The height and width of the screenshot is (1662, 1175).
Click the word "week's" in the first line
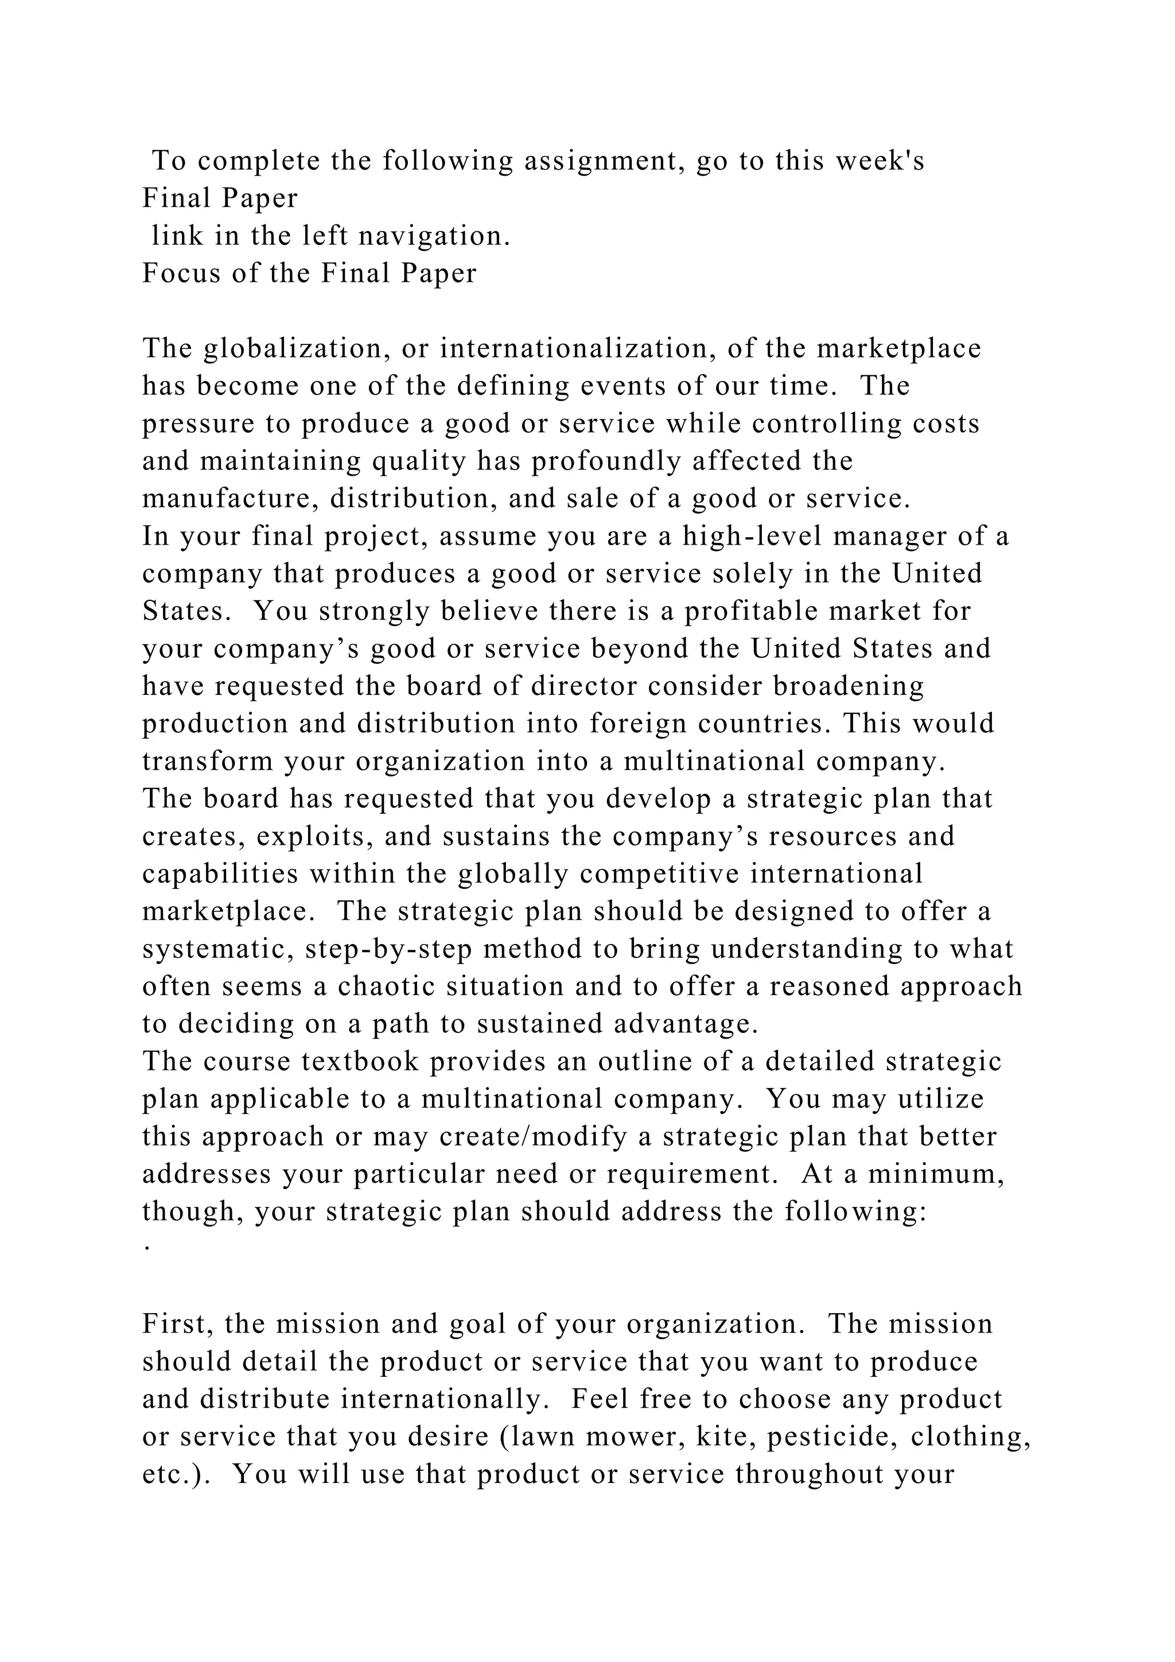tap(880, 161)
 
